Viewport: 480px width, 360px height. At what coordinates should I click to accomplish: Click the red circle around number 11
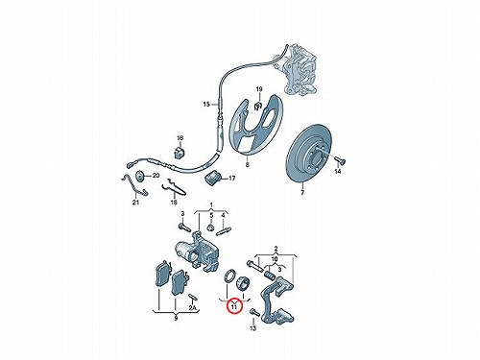tap(234, 307)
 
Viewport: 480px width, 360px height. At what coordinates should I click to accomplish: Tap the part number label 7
tap(302, 193)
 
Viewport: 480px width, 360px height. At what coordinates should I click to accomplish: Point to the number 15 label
tap(206, 104)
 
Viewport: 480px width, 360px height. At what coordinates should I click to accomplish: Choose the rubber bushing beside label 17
tap(212, 178)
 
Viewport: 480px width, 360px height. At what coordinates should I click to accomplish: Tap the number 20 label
tap(156, 176)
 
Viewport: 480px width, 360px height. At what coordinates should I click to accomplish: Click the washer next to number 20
tap(140, 177)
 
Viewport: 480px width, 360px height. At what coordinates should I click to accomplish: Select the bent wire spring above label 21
tap(135, 186)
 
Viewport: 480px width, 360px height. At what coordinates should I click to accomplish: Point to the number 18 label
tap(174, 203)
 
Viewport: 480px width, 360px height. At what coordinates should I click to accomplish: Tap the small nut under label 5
tap(210, 228)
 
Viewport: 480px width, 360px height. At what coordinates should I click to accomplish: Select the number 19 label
tap(259, 89)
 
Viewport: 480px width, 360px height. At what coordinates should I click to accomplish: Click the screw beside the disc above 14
tap(339, 160)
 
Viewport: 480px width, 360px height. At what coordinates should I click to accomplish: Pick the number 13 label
tap(253, 328)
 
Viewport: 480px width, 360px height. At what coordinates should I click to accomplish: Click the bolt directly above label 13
tap(254, 312)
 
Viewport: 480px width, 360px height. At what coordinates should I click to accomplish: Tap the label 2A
tap(192, 308)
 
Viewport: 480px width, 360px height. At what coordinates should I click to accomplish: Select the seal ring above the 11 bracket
tap(229, 276)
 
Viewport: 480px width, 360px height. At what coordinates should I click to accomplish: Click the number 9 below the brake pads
tap(176, 319)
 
